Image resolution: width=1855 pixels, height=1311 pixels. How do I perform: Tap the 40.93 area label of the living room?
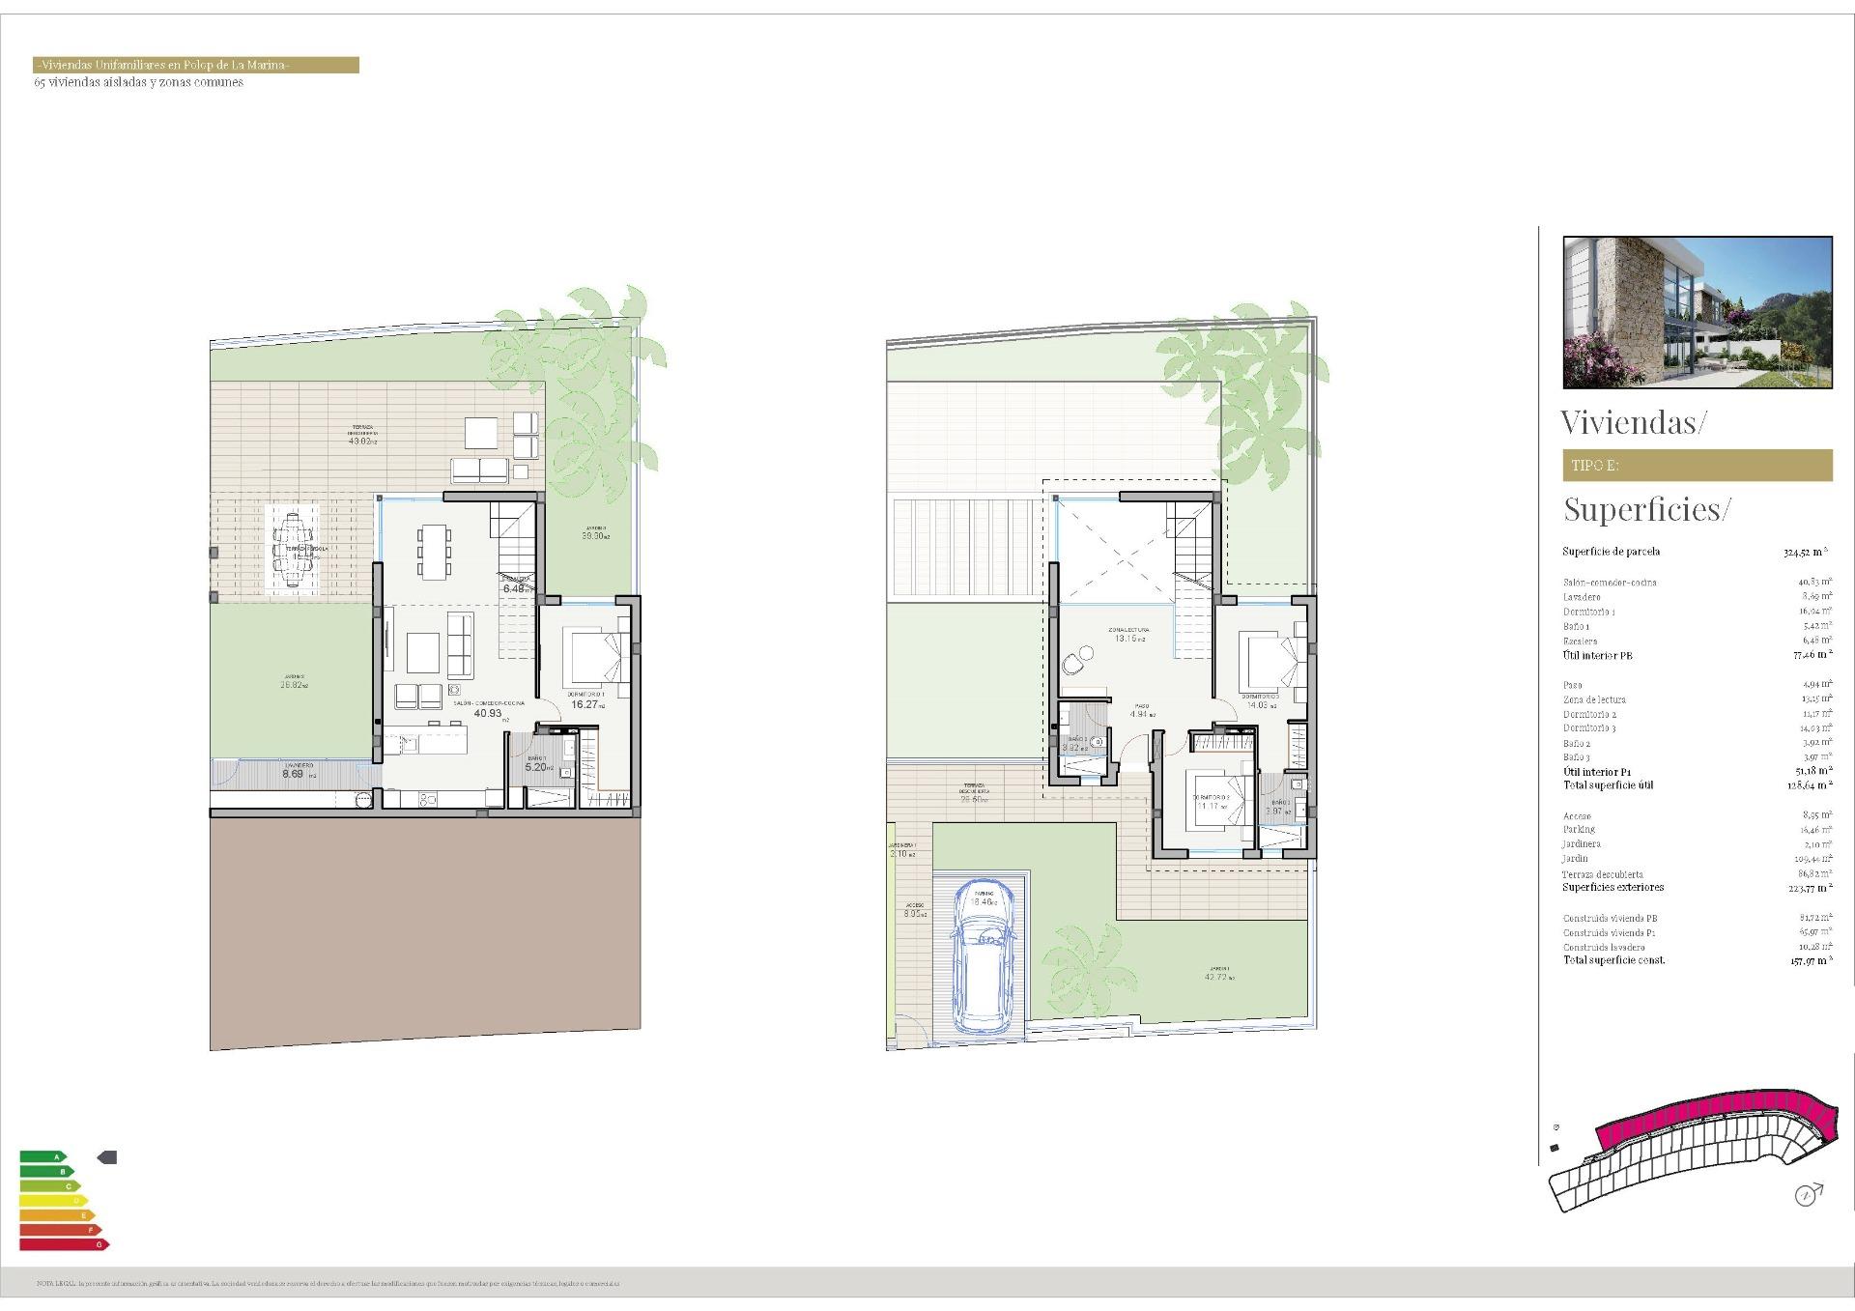point(488,714)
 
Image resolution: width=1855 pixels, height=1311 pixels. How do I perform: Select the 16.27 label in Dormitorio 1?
point(585,705)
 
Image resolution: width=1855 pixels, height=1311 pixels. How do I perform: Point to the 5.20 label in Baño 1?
point(537,768)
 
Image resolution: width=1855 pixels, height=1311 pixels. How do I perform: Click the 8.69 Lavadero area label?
point(293,774)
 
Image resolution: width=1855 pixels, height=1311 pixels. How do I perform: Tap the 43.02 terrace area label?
point(360,441)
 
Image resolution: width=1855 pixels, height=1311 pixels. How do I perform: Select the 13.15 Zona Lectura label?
point(1126,639)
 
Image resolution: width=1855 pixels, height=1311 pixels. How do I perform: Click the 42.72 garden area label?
point(1218,978)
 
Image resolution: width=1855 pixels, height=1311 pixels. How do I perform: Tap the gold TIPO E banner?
point(1697,466)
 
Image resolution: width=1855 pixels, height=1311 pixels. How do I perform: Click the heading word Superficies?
point(1643,509)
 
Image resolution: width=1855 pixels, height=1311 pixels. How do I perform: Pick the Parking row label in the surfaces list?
point(1579,830)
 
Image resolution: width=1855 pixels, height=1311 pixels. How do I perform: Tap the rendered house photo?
point(1697,312)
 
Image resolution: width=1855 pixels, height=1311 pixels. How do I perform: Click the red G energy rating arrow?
point(64,1244)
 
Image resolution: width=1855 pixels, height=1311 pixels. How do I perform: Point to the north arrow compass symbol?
point(1806,1195)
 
